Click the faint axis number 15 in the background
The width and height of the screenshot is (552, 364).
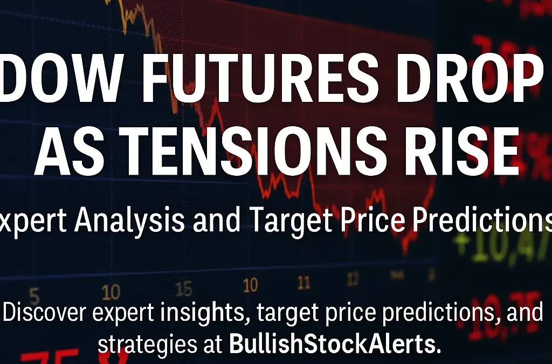click(x=183, y=290)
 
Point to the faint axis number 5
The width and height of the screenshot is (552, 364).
click(x=34, y=295)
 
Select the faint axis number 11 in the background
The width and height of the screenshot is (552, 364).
click(x=304, y=283)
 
